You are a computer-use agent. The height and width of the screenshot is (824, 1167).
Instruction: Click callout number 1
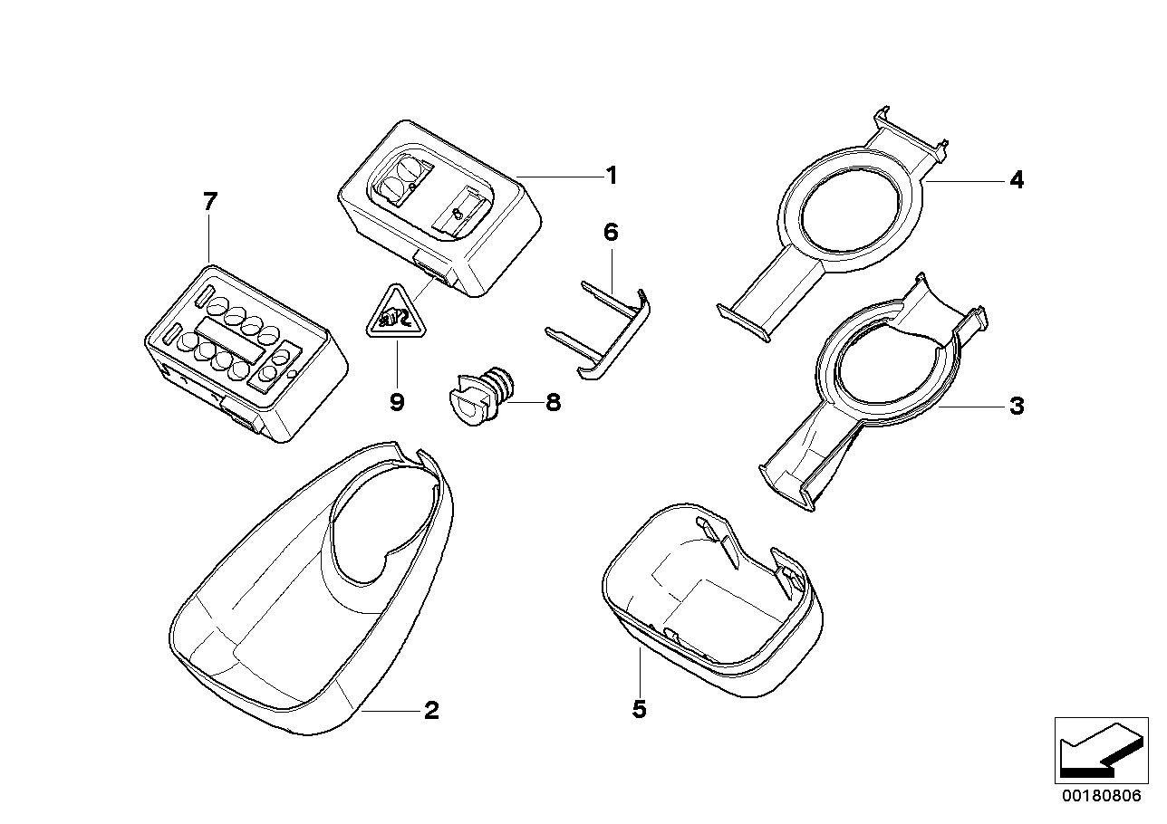pos(612,175)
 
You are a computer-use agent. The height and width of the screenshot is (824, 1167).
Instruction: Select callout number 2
pos(431,711)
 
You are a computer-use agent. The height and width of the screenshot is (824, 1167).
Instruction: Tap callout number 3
pos(1016,407)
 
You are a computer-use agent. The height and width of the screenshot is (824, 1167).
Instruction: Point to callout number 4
pos(1017,181)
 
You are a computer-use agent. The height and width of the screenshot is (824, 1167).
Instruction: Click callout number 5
pos(639,710)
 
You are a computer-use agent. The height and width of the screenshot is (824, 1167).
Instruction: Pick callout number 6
pos(611,233)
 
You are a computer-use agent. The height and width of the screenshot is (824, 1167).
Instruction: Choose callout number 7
pos(209,202)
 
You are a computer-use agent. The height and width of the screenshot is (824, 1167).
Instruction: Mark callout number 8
pos(553,402)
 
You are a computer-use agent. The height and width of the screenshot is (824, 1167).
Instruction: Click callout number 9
pos(396,402)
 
